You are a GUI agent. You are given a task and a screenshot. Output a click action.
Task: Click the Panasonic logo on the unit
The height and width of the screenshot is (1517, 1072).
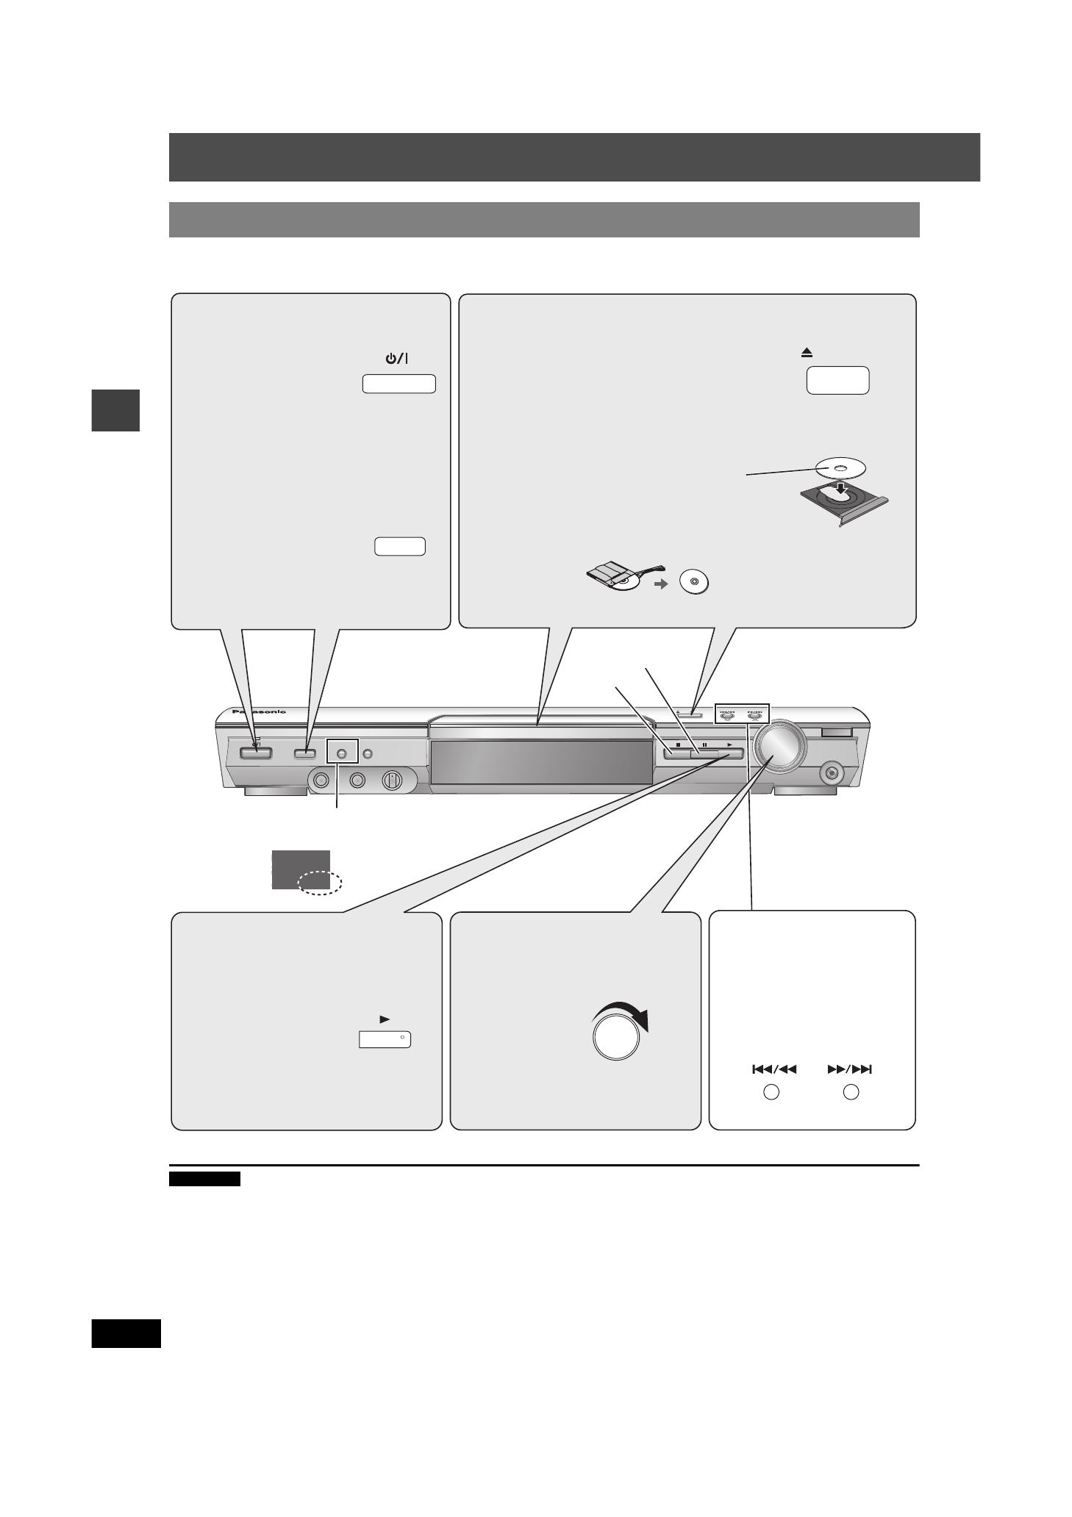pos(258,712)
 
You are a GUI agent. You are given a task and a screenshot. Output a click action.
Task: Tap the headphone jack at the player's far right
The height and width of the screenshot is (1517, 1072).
pos(832,772)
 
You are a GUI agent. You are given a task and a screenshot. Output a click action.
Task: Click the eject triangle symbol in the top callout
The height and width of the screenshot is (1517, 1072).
pos(807,354)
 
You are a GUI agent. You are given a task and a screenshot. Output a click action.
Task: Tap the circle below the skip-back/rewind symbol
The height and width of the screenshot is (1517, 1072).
pos(771,1093)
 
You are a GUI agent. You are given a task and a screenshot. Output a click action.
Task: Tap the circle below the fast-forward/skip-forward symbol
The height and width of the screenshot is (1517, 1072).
pos(851,1093)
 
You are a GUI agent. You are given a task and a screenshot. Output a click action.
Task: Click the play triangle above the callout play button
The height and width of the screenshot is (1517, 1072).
pos(384,1019)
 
